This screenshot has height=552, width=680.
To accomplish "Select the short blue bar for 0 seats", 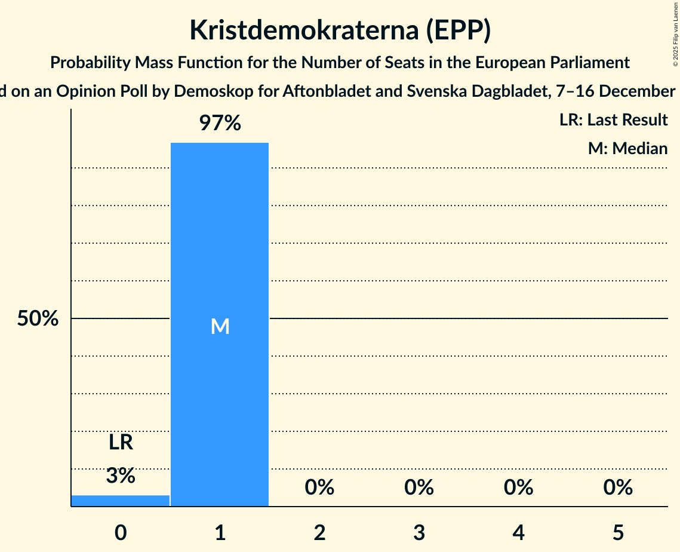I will point(121,501).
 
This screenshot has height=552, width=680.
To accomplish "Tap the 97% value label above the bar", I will point(220,124).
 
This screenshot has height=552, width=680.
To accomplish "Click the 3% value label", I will point(121,476).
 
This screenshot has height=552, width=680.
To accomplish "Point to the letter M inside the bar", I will point(220,326).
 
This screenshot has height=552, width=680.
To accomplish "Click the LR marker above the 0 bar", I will point(121,443).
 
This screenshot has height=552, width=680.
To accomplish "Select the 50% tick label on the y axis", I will point(38,319).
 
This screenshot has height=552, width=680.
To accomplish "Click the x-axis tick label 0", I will point(121,532).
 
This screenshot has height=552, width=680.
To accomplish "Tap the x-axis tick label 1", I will point(220,532).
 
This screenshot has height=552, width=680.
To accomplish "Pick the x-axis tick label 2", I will point(319,532).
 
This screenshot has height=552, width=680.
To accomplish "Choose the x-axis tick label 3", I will point(419,532).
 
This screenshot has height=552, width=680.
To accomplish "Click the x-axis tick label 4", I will point(518,532).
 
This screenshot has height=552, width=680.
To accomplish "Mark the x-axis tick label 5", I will point(618,532).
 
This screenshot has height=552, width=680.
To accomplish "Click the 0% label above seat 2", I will point(319,488).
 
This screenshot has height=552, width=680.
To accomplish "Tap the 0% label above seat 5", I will point(618,488).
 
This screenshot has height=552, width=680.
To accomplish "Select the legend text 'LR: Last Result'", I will point(613,120).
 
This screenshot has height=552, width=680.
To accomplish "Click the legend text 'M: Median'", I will point(627,148).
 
